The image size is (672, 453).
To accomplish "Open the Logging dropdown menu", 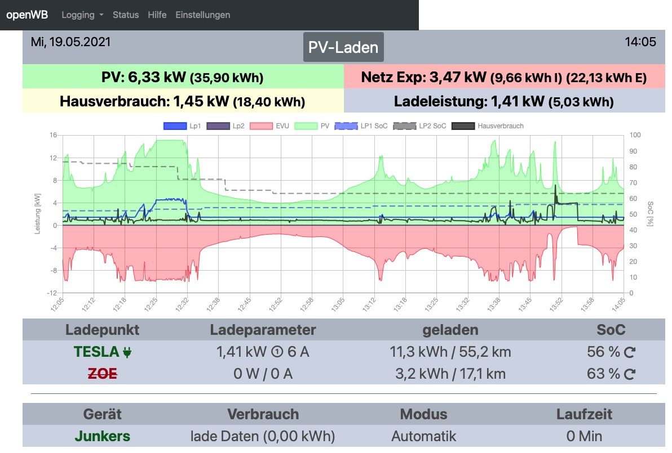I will (82, 15).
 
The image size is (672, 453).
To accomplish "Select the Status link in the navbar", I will (126, 15).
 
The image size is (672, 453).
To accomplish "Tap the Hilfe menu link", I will (157, 15).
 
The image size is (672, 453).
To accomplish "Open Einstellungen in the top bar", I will (203, 15).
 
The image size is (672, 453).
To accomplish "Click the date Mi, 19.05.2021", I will (71, 42).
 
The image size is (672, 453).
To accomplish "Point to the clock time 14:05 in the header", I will (640, 42).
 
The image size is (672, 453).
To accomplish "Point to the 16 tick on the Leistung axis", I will (54, 135).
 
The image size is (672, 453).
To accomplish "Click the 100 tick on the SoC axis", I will (635, 135).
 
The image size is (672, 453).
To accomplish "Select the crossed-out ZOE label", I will (103, 374).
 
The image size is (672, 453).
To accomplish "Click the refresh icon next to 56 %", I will (630, 353).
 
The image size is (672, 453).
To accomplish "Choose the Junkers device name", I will (103, 436).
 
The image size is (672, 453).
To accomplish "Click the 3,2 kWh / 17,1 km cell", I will (450, 374).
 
